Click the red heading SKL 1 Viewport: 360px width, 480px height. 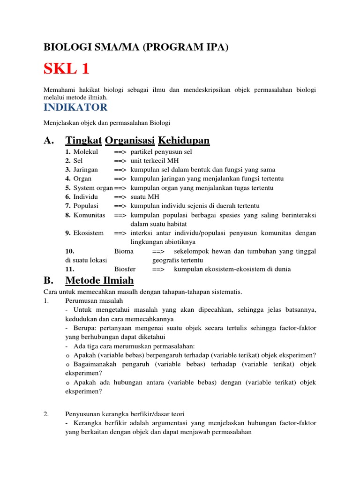tap(66, 69)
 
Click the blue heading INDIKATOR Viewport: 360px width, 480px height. tap(75, 107)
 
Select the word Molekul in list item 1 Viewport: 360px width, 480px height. tap(86, 152)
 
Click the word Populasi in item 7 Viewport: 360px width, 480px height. tap(87, 206)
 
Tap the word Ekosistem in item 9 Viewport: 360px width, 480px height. tap(89, 233)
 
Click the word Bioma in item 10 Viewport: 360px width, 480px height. tap(124, 251)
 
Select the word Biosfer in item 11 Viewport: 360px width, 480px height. tap(125, 269)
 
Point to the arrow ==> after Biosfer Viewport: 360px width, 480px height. tap(158, 269)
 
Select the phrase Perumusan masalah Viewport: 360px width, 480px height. tap(94, 300)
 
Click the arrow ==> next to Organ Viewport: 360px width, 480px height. tap(120, 179)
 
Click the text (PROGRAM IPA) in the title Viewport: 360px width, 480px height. tap(184, 48)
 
